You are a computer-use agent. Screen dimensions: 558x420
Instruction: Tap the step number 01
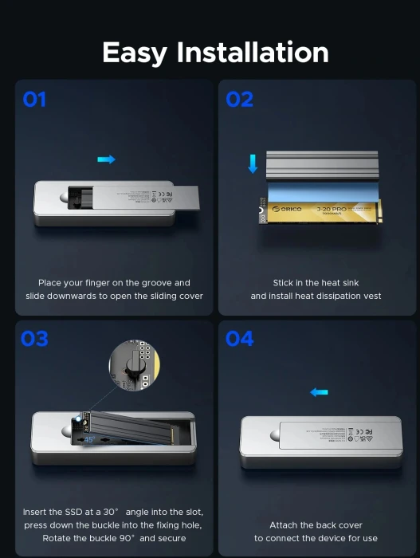coord(34,100)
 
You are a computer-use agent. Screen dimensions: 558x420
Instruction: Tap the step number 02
coord(239,100)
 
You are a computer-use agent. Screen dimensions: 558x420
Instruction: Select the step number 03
coord(34,339)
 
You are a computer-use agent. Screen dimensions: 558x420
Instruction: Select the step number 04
coord(239,339)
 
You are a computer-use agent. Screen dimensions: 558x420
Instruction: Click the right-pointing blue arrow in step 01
coord(106,159)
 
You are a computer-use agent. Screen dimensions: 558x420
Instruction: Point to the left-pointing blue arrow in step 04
coord(319,392)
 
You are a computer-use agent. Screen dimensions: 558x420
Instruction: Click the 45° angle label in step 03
coord(89,439)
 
